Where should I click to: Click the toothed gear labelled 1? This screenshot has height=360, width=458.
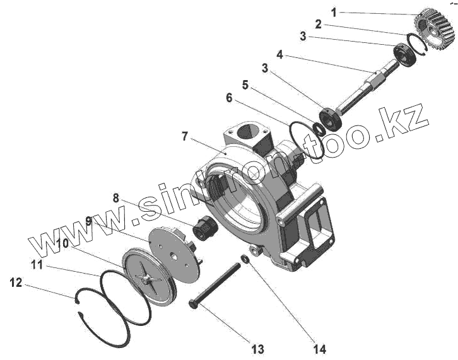click(x=433, y=32)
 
